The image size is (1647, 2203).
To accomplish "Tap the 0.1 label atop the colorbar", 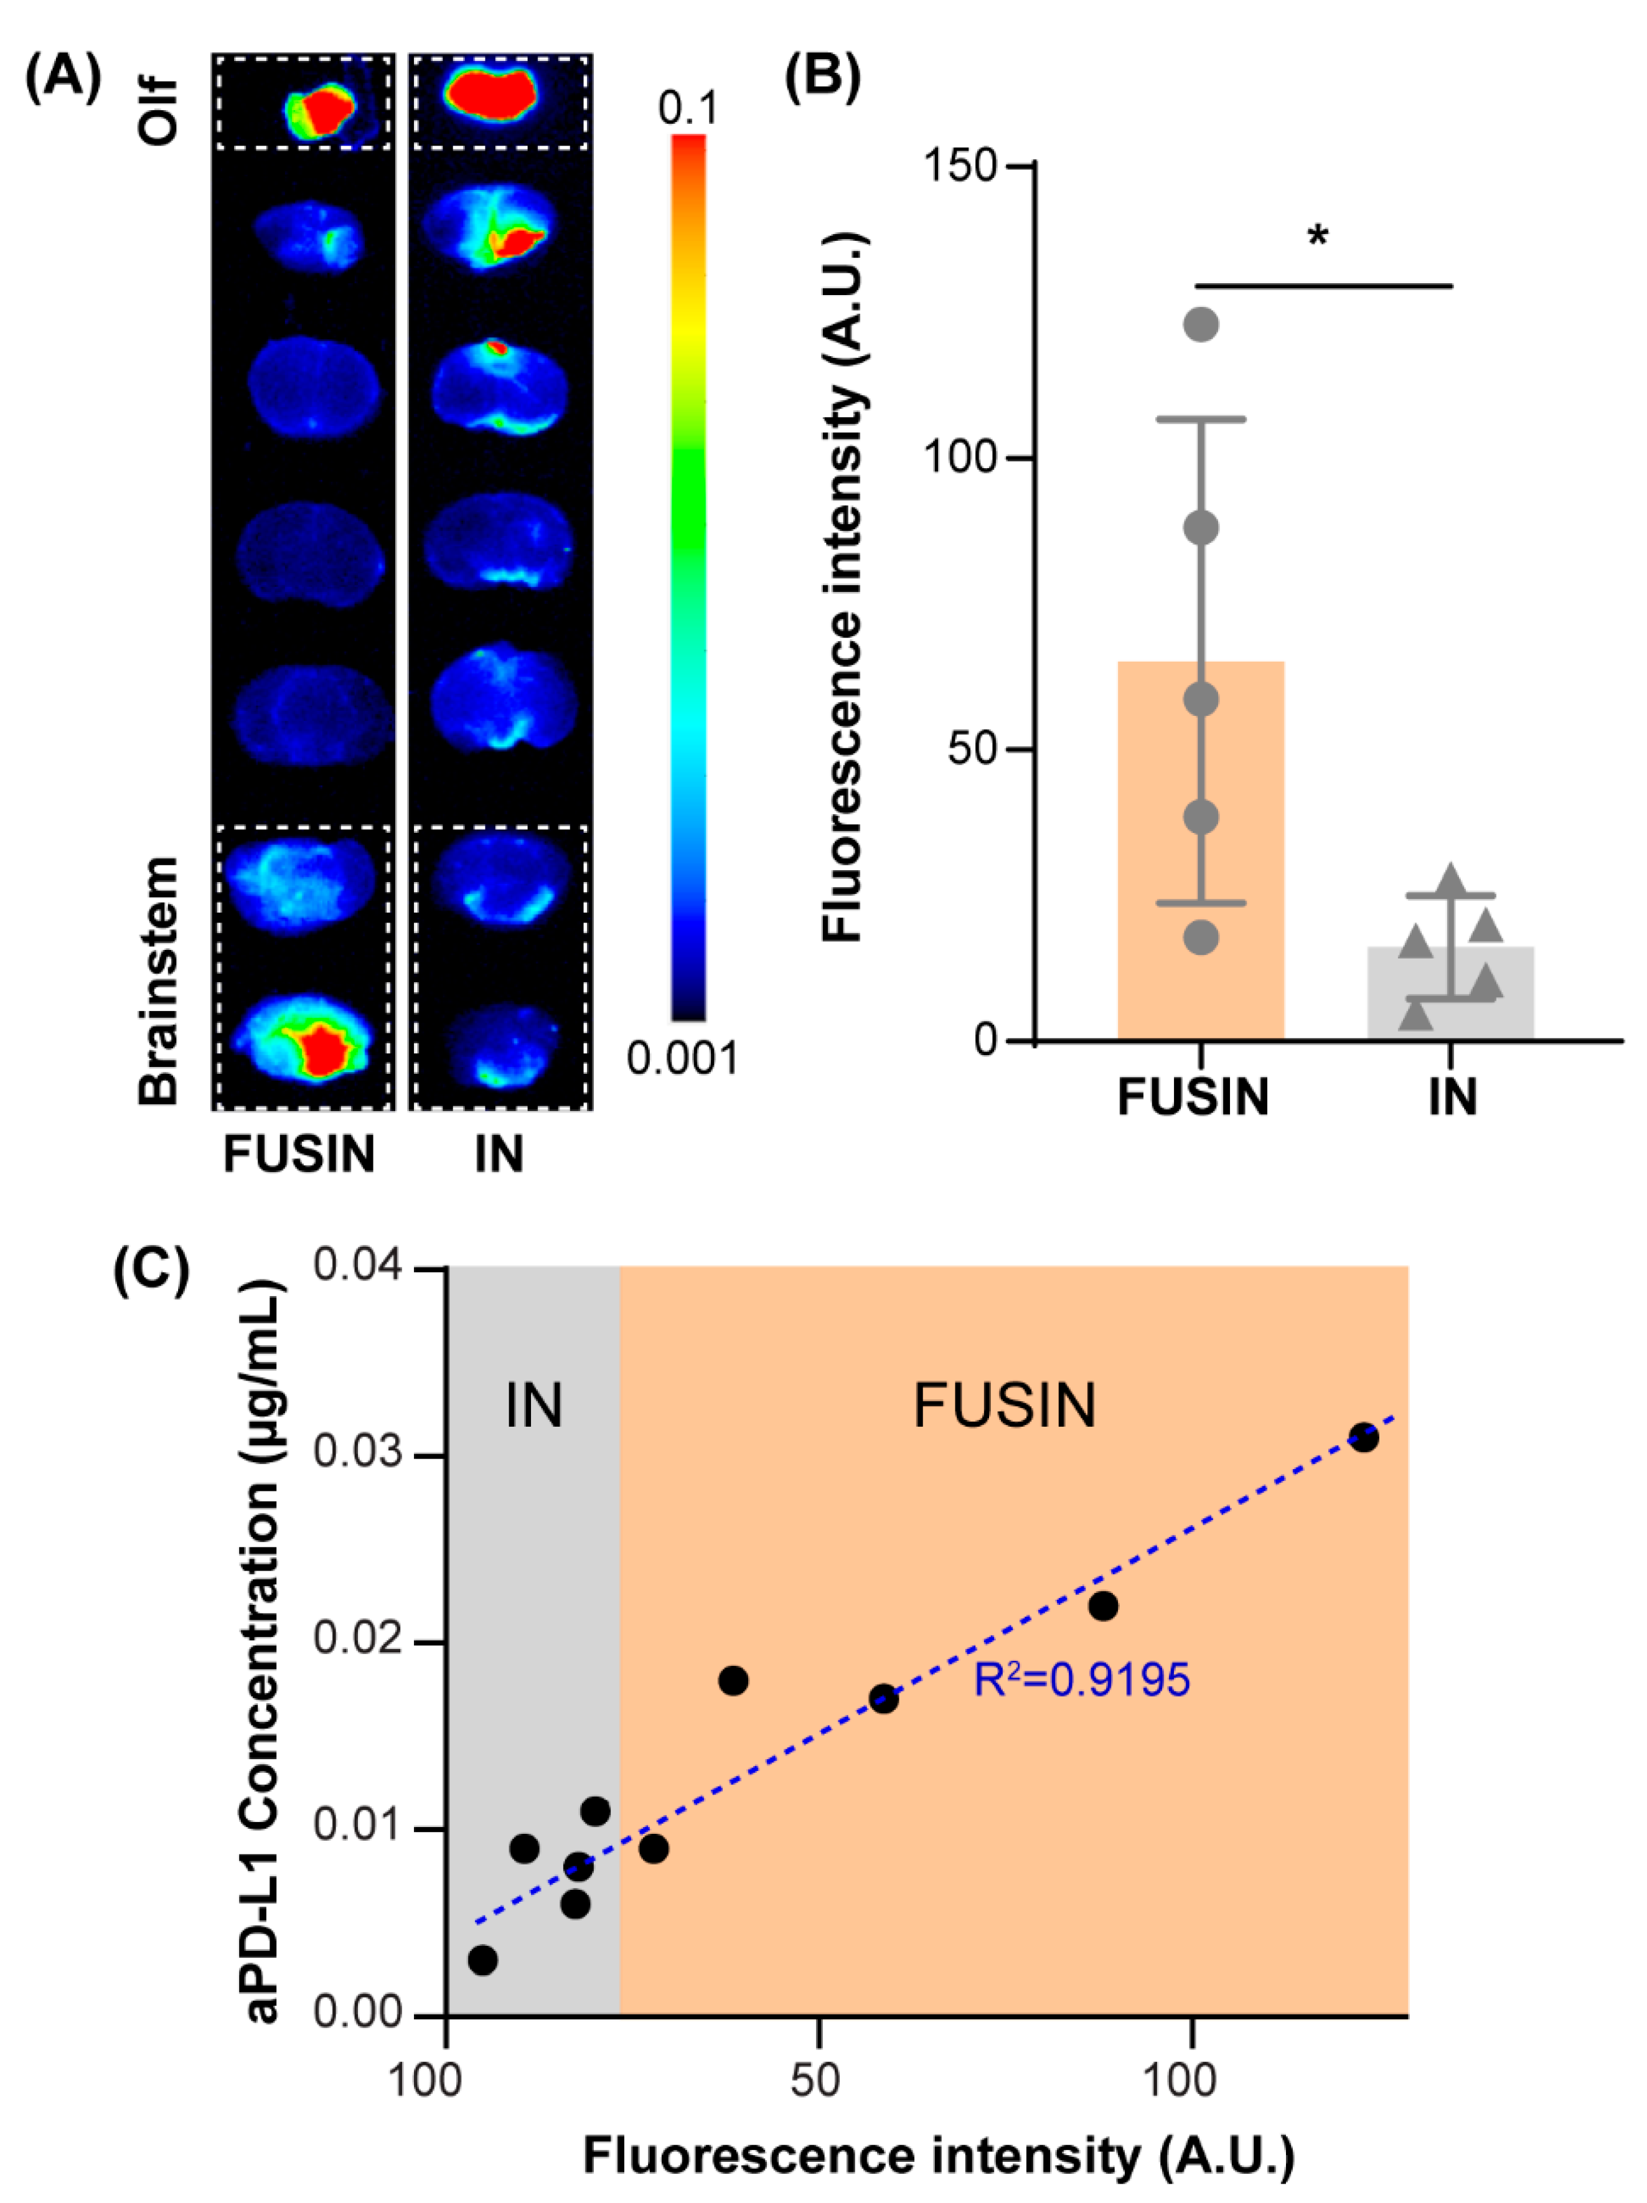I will click(x=687, y=108).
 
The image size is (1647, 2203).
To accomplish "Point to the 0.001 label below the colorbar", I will click(x=682, y=1058).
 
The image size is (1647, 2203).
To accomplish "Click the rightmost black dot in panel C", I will click(x=1363, y=1438).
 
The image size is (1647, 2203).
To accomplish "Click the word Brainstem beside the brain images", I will click(x=159, y=981).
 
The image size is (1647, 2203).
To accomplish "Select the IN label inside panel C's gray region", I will click(x=533, y=1405).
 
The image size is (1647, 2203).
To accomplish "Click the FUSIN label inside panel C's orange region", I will click(x=1004, y=1405).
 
